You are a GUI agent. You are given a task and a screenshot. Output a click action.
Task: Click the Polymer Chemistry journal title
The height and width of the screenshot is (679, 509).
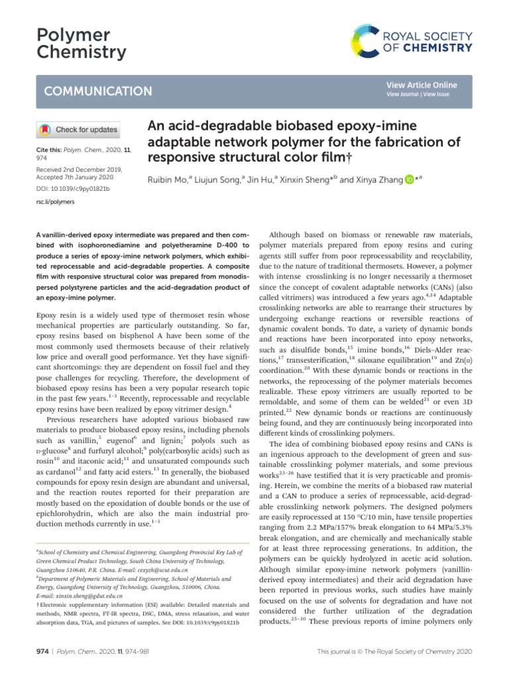coord(72,44)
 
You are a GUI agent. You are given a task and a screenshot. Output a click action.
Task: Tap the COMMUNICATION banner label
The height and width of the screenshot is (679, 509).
coord(97,92)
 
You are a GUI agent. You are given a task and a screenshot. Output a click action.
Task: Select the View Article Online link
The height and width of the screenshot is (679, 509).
coord(422,85)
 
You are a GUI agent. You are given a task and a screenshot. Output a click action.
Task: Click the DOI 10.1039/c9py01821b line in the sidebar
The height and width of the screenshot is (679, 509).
coord(72,190)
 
